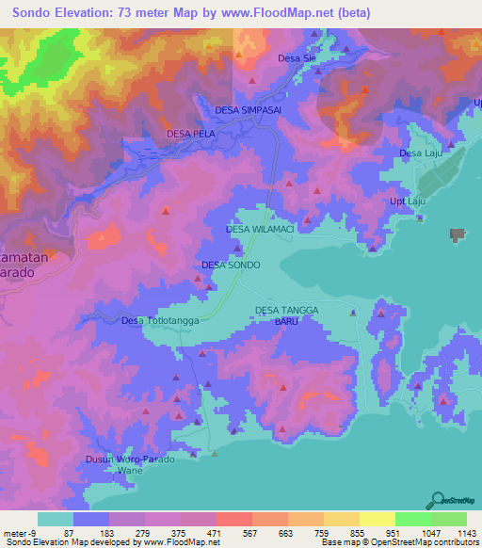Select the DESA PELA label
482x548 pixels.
tap(191, 135)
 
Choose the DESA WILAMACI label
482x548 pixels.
tap(261, 229)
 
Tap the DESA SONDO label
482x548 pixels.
tap(231, 266)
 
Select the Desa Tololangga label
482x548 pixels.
tap(158, 321)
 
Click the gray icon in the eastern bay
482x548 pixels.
tap(458, 234)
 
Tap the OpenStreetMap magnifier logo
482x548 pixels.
tap(435, 500)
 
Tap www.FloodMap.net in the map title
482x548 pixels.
tap(281, 13)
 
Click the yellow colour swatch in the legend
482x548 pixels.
tap(377, 519)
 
